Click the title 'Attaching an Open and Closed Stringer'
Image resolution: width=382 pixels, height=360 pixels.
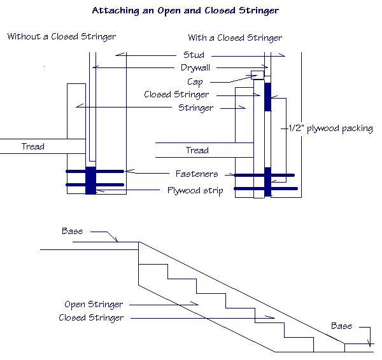185,11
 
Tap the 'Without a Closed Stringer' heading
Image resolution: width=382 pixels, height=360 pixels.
62,36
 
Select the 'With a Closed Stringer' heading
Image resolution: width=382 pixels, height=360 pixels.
235,38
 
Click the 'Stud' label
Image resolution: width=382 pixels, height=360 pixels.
194,55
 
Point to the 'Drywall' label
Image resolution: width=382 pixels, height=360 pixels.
195,67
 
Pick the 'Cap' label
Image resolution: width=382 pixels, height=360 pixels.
195,81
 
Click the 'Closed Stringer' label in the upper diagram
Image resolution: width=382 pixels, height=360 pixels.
176,95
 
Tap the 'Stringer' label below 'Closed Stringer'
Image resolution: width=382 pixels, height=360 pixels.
196,107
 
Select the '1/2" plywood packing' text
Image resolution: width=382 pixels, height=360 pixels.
331,128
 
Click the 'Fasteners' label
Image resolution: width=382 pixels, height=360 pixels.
197,174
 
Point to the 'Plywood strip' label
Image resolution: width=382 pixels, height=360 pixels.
195,190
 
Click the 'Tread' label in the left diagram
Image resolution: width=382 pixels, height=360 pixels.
33,146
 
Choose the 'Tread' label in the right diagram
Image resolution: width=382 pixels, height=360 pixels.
197,150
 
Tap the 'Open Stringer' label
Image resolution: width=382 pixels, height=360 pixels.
94,305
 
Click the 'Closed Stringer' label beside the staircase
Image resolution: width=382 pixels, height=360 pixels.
91,317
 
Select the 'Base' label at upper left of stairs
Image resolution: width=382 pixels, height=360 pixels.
72,231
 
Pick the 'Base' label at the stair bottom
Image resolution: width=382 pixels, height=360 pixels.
341,326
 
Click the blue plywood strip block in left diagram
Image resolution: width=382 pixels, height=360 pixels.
90,180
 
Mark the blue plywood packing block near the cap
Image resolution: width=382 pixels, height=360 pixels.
267,96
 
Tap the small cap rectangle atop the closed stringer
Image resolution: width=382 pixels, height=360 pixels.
258,76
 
